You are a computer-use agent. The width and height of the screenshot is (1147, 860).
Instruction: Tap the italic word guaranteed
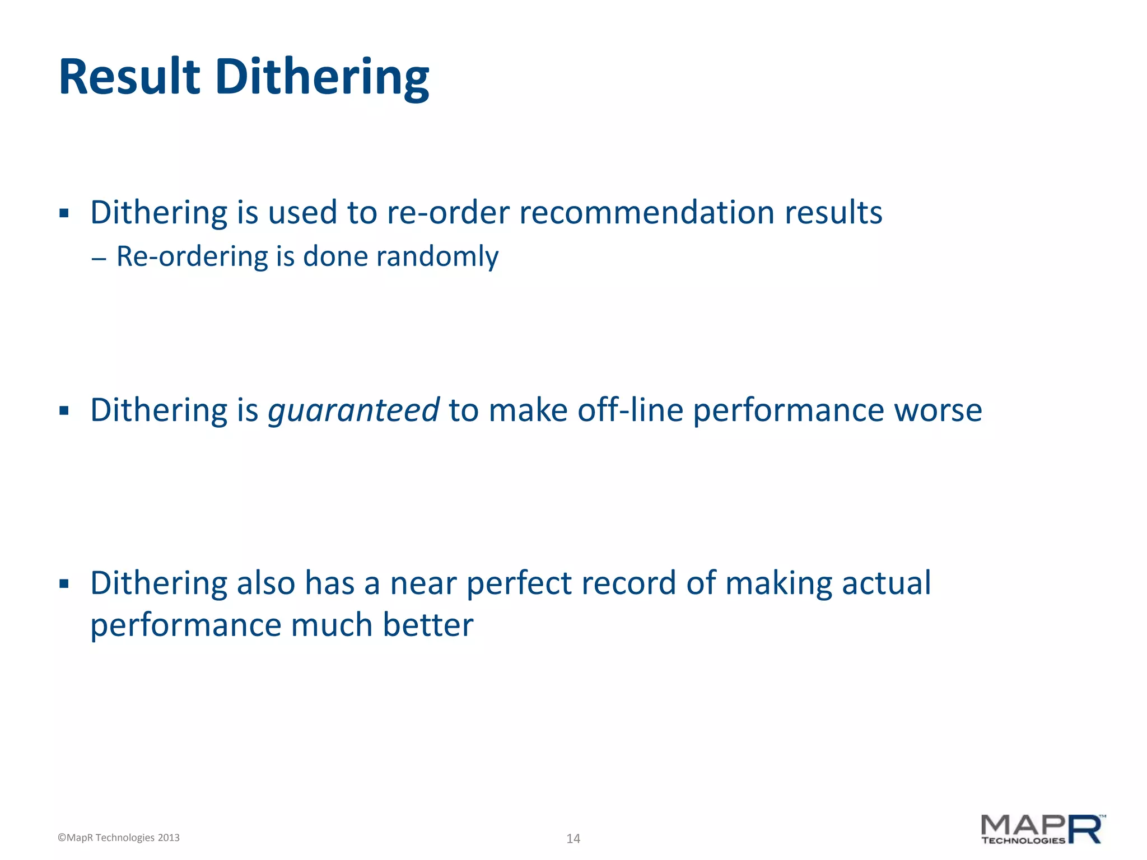pos(353,410)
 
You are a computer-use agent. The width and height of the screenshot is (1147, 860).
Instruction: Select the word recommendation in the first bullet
pos(647,213)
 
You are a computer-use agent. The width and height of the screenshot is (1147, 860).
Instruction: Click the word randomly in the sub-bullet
pos(437,256)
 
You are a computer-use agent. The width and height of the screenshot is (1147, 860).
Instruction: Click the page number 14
pos(573,838)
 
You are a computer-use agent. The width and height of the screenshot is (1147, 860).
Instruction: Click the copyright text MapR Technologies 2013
pos(119,838)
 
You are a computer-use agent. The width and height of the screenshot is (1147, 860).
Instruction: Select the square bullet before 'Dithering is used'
pos(64,213)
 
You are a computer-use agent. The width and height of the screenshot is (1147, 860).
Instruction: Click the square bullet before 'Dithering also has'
pos(64,584)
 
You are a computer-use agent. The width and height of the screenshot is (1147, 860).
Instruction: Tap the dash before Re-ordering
pos(99,259)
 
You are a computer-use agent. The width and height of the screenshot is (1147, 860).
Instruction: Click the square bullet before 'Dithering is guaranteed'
pos(64,412)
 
